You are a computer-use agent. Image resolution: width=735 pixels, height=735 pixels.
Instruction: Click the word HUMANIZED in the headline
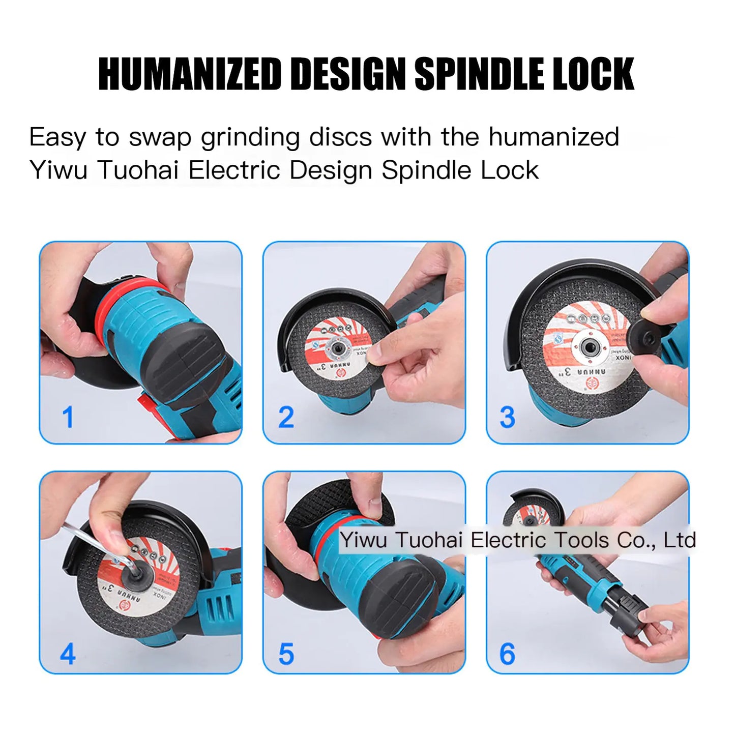tap(190, 74)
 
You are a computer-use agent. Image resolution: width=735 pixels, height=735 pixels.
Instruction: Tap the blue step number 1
tap(68, 418)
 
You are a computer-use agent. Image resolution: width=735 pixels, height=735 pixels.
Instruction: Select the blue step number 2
tap(286, 418)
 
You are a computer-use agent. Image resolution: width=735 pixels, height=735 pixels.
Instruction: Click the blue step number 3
tap(507, 418)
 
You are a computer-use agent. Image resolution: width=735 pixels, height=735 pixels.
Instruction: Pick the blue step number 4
tap(68, 654)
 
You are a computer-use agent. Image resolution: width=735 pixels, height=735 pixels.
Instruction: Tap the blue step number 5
tap(286, 654)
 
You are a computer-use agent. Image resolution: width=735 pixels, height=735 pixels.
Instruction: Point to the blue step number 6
tap(507, 654)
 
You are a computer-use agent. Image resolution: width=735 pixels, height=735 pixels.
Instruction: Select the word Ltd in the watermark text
tap(680, 540)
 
